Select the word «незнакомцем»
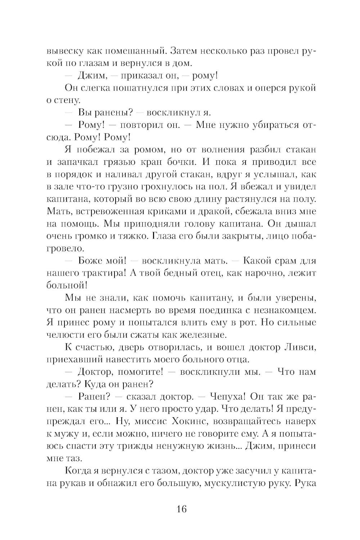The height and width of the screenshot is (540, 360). coord(281,310)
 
